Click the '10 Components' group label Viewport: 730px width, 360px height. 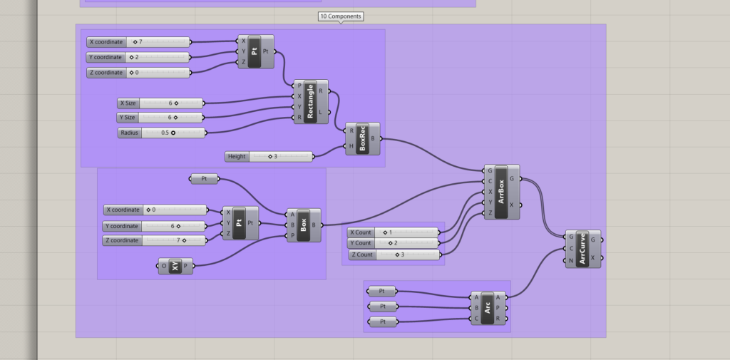click(341, 16)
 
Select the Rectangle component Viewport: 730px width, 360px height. click(311, 101)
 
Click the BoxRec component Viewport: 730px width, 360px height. click(363, 139)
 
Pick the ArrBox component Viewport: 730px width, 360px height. click(502, 192)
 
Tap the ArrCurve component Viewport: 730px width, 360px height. click(583, 249)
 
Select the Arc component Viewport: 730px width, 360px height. click(488, 308)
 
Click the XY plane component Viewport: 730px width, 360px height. click(175, 266)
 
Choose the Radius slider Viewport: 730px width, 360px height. click(162, 133)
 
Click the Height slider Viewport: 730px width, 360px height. click(269, 157)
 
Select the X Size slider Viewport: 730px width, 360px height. click(160, 103)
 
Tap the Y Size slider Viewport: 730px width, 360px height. click(160, 118)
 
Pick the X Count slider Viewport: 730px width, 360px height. click(394, 232)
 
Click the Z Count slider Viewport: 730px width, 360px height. click(395, 254)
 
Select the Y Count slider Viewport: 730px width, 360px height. click(394, 243)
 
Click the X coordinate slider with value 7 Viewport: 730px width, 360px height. click(138, 42)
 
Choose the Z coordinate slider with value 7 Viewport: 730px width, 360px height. click(155, 240)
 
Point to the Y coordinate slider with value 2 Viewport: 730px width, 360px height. click(138, 57)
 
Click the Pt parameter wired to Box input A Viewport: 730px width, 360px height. click(205, 179)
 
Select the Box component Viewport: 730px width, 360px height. click(304, 225)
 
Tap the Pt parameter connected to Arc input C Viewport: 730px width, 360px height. click(383, 322)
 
